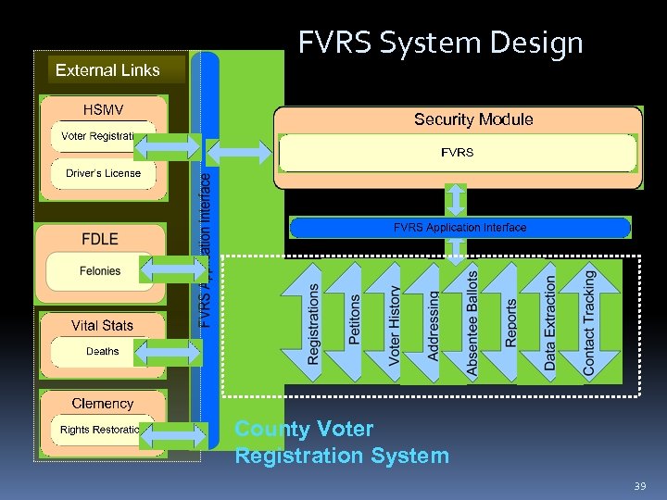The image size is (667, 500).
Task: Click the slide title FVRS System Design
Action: [x=440, y=43]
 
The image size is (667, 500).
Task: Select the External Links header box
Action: [x=107, y=69]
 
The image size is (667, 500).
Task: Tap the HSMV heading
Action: [x=102, y=110]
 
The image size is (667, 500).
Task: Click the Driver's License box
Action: [x=103, y=173]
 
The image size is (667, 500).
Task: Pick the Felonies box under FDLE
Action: [x=99, y=271]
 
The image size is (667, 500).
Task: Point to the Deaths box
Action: [x=102, y=352]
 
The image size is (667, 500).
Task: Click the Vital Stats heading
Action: [x=102, y=325]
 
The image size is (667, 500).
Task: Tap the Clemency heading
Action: [x=102, y=404]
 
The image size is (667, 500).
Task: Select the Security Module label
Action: [x=473, y=119]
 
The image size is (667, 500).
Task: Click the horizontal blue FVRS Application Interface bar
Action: [x=459, y=228]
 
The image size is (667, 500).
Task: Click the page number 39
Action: [x=639, y=485]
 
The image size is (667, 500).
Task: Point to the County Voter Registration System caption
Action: [x=341, y=443]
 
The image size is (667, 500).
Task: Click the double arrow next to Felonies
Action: [x=174, y=271]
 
